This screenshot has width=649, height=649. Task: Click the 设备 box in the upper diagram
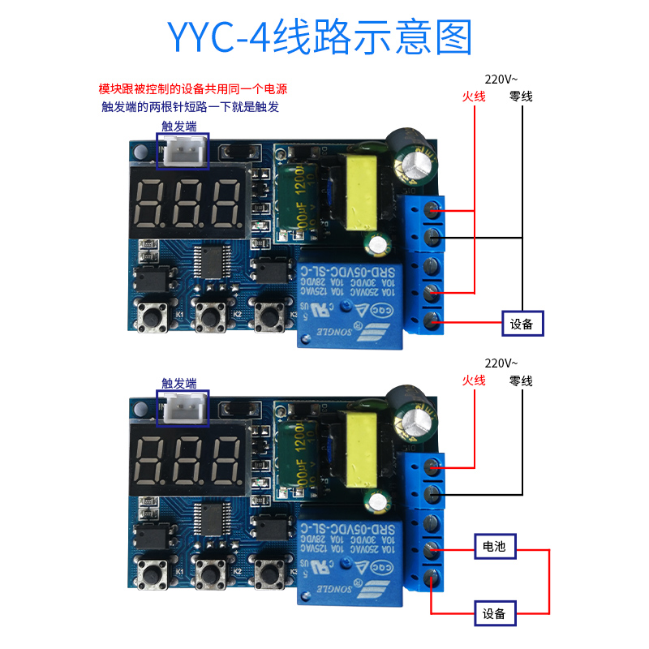(522, 324)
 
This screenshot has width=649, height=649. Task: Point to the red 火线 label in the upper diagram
(473, 97)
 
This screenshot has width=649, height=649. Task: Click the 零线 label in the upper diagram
(521, 97)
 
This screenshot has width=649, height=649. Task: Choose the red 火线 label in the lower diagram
(473, 380)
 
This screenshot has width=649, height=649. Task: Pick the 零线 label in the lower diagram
(521, 380)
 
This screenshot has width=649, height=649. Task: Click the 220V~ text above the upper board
(501, 80)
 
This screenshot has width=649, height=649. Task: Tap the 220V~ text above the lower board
(501, 363)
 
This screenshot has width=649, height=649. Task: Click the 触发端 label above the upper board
(179, 127)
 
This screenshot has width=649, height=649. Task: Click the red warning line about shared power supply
(192, 89)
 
